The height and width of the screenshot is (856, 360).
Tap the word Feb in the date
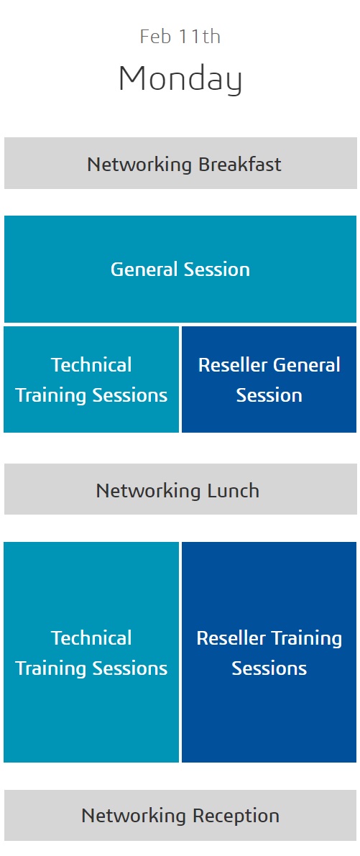point(156,37)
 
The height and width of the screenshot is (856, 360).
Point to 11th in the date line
point(200,37)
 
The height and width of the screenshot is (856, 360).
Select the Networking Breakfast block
point(180,163)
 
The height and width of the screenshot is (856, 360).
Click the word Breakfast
point(240,165)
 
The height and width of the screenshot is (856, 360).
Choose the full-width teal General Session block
point(180,269)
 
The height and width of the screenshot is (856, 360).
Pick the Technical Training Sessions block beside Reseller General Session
point(91,379)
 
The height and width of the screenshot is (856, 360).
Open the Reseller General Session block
point(269,379)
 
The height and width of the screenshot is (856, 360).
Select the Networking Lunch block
point(180,489)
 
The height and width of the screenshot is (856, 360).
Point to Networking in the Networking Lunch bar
point(149,491)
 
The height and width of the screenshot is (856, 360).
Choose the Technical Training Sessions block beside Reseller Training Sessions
point(91,653)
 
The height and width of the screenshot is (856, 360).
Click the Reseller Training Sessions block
point(269,653)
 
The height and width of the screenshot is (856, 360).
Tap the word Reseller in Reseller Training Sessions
point(231,638)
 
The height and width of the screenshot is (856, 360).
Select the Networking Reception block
point(180,815)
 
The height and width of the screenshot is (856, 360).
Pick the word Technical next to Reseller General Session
point(91,364)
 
